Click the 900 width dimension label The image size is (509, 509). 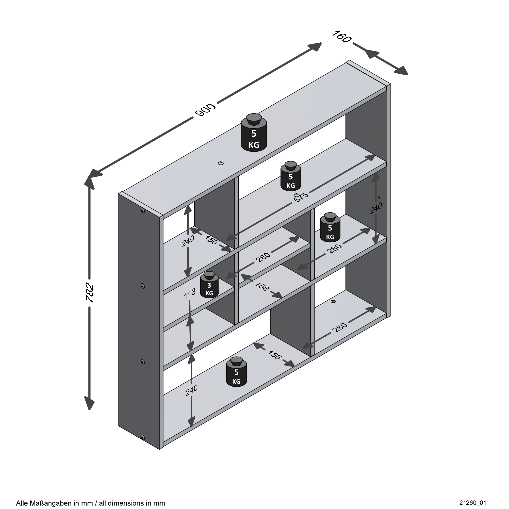pos(205,110)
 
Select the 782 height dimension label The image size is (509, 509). pos(90,293)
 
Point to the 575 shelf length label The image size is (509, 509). pos(301,197)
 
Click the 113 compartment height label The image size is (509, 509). pos(190,294)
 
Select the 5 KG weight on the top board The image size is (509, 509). pos(254,133)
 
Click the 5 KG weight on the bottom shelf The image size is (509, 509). pos(236,372)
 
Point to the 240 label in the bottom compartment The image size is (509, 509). pos(192,391)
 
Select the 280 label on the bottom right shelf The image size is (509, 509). pos(340,328)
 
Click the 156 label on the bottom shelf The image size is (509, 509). pos(274,355)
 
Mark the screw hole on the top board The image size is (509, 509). pos(221,163)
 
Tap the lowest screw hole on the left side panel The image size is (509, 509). pos(143,438)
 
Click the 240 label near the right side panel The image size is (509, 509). pos(376,208)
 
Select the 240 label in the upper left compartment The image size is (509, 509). pos(188,241)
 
